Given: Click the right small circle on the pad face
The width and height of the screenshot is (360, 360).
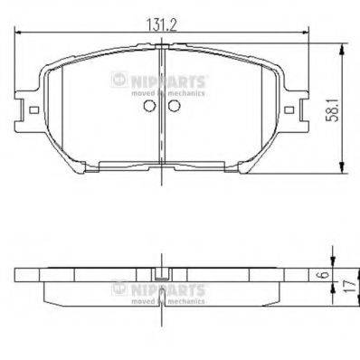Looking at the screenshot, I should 174,104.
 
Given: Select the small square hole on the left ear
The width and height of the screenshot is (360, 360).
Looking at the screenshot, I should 34,113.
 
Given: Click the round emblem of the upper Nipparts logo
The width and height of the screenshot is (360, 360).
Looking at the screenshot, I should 117,81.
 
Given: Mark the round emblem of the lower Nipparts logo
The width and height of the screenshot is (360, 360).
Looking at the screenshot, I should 117,289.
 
